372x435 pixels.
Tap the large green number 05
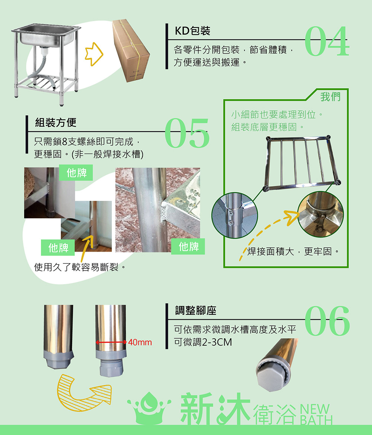click(187, 133)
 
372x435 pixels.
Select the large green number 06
click(327, 321)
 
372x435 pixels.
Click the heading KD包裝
click(192, 31)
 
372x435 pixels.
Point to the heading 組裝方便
click(55, 122)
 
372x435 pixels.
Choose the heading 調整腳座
click(196, 310)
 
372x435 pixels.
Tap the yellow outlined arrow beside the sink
click(94, 54)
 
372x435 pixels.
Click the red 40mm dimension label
click(140, 342)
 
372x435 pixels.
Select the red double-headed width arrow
click(111, 342)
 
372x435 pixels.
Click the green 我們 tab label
click(330, 97)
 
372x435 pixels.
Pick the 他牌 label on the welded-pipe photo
click(189, 246)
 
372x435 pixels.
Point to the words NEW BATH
click(316, 415)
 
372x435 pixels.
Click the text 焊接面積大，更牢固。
click(293, 251)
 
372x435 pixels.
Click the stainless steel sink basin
click(46, 36)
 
